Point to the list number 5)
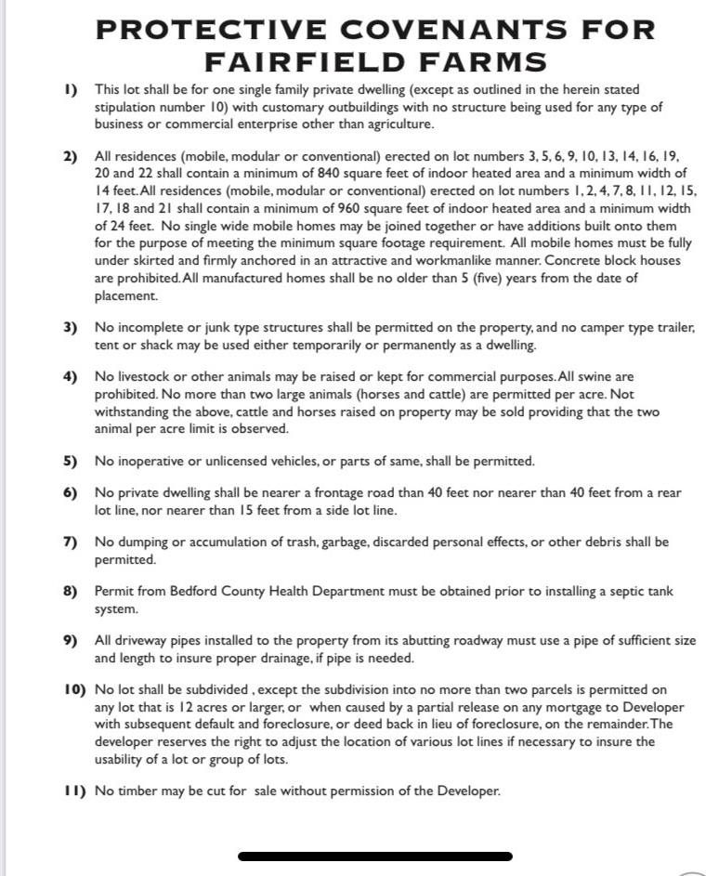pyautogui.click(x=71, y=461)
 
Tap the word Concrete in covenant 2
pyautogui.click(x=570, y=260)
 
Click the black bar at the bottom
pyautogui.click(x=375, y=856)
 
